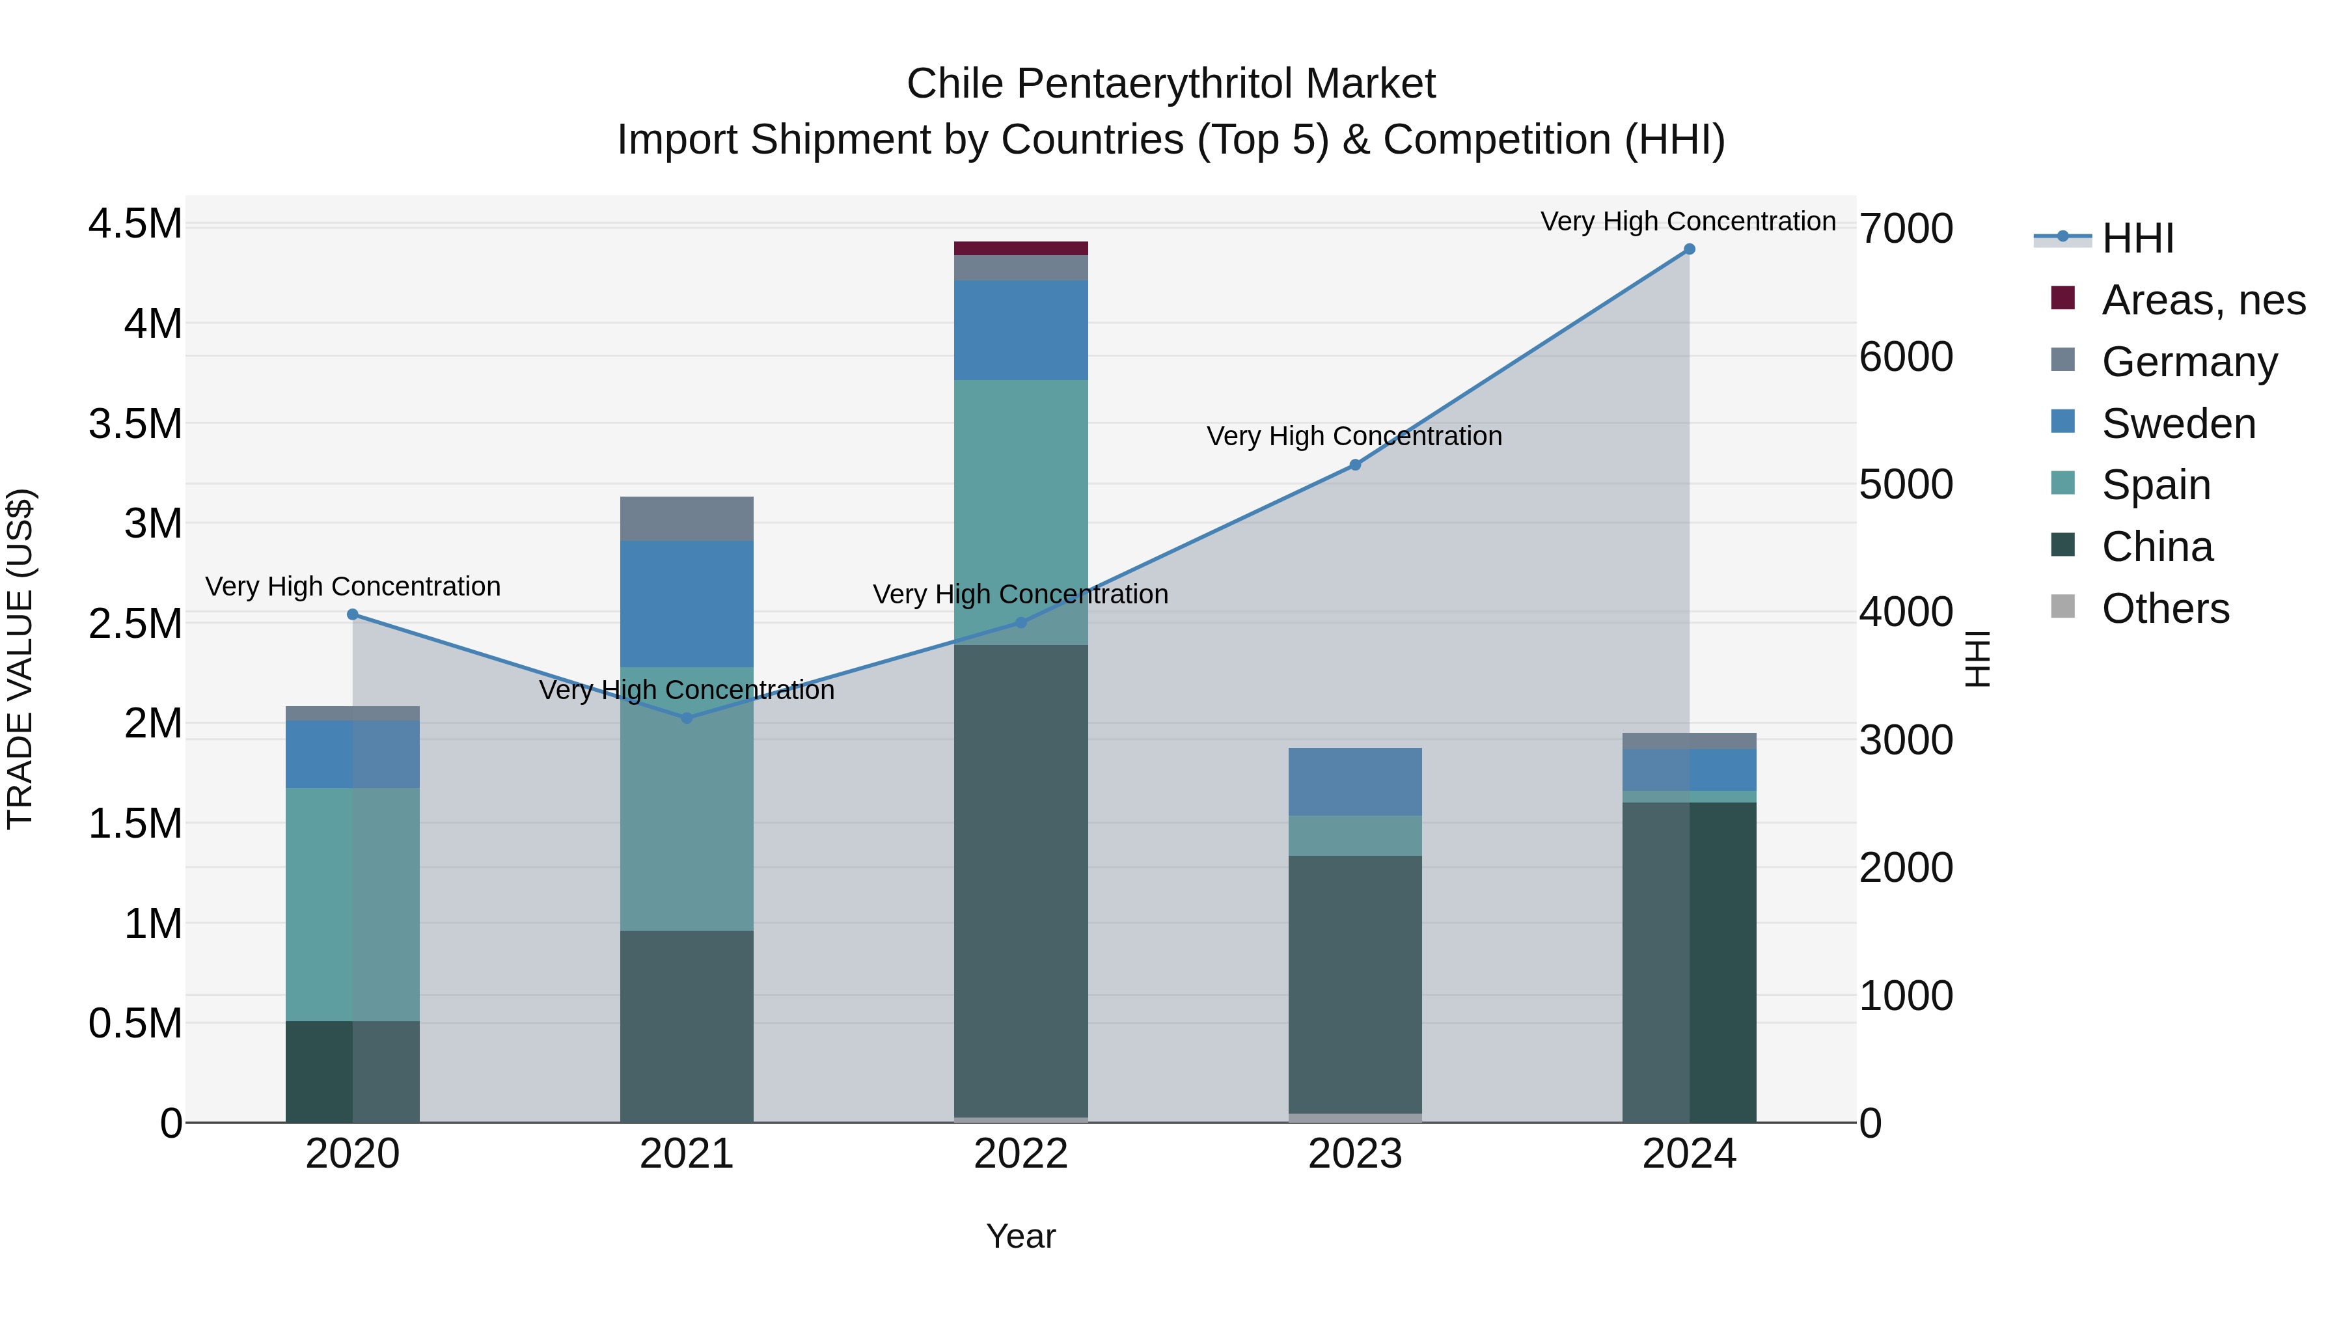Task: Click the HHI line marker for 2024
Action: pos(1689,249)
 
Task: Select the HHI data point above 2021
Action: pos(687,718)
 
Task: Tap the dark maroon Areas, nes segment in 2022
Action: pos(1021,249)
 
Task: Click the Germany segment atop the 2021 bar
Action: pos(687,519)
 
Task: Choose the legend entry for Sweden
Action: pos(2178,424)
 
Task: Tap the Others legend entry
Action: pos(2165,609)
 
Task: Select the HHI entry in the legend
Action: pos(2137,238)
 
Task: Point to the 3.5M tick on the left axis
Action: pos(135,424)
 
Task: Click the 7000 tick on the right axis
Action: pos(1906,228)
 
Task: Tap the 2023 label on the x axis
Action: pos(1354,1154)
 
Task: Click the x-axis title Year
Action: pos(1021,1236)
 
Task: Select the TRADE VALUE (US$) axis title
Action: pos(20,659)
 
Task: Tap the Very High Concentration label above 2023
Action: pos(1354,437)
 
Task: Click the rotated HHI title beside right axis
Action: pos(1977,659)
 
